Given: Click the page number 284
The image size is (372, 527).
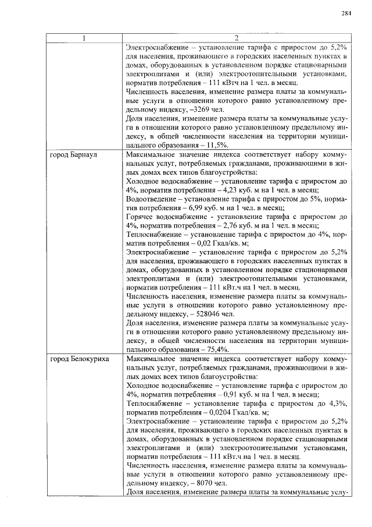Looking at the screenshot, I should tap(346, 13).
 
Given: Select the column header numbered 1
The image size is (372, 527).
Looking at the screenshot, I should tap(84, 38).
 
